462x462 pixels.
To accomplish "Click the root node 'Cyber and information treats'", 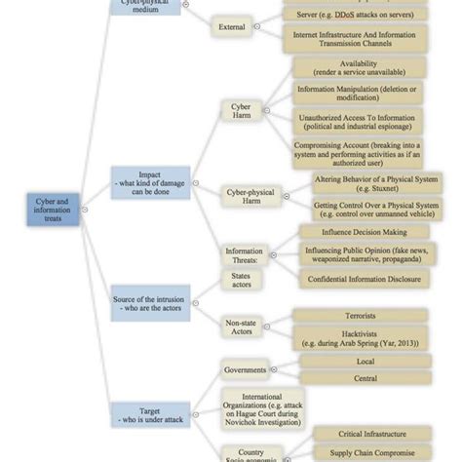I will pos(52,209).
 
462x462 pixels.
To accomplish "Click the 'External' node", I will pos(232,26).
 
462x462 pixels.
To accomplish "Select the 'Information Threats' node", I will pos(244,256).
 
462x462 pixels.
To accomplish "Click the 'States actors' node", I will pos(241,281).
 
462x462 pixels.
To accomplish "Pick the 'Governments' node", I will pos(245,370).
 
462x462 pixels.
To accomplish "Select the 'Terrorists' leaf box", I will pos(360,316).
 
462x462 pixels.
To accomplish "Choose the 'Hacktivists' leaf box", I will pos(360,337).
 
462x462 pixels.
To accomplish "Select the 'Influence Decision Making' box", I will pos(360,231).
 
